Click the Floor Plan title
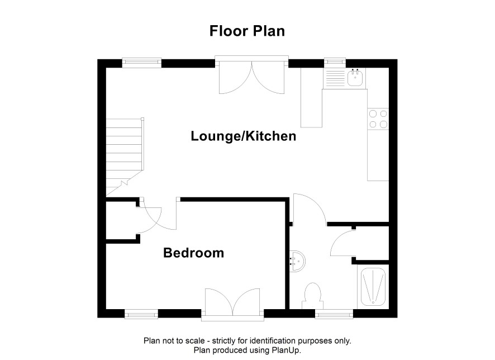(247, 31)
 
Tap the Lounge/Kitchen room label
(244, 136)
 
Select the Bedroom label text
(193, 253)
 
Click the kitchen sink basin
(355, 78)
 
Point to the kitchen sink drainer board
(335, 79)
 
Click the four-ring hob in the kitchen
(378, 119)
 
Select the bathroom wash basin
(297, 261)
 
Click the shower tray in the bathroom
(373, 287)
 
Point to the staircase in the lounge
(125, 157)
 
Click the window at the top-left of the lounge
(142, 63)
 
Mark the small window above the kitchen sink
(335, 63)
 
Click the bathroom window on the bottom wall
(334, 314)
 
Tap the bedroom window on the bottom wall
(141, 314)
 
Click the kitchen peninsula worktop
(311, 97)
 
